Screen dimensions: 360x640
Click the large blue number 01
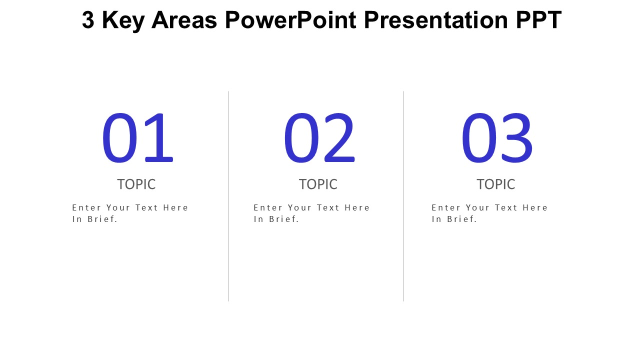pyautogui.click(x=137, y=138)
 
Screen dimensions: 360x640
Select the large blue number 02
pyautogui.click(x=319, y=138)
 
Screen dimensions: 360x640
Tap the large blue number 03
pyautogui.click(x=496, y=138)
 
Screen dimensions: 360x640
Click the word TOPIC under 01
pyautogui.click(x=136, y=184)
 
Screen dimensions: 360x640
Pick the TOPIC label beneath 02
pyautogui.click(x=318, y=184)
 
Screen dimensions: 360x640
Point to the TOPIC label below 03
pyautogui.click(x=495, y=184)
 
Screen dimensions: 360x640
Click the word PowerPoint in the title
pyautogui.click(x=290, y=20)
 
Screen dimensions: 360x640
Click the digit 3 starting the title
pyautogui.click(x=88, y=20)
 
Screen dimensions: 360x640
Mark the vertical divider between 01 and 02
pyautogui.click(x=228, y=196)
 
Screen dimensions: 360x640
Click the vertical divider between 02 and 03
pyautogui.click(x=403, y=196)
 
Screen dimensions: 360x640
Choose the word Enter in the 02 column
pyautogui.click(x=267, y=207)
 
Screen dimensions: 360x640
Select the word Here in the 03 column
pyautogui.click(x=535, y=207)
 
